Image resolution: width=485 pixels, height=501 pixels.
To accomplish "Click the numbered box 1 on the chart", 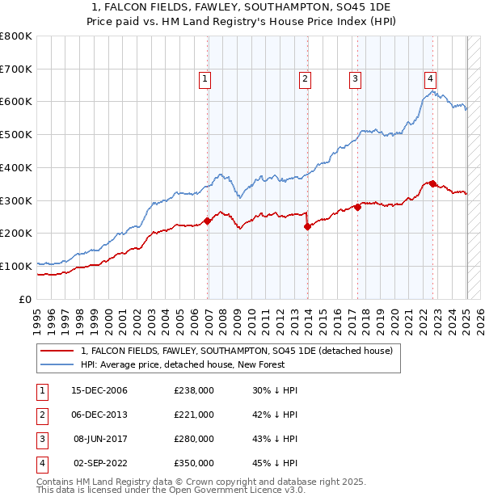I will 205,79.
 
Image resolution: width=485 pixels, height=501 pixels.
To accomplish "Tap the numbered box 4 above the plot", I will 431,79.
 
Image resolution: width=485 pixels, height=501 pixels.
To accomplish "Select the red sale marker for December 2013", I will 307,227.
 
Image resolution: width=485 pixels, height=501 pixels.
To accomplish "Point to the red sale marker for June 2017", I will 357,208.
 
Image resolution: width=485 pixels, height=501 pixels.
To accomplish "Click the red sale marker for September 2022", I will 432,183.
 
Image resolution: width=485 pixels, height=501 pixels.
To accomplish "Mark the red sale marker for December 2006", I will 208,221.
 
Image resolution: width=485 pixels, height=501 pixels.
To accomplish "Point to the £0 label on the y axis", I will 26,299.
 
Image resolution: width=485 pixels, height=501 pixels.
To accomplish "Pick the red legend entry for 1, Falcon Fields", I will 236,351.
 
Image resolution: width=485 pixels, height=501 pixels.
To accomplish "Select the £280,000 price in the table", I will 194,439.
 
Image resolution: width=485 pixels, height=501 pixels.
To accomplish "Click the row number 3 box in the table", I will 40,439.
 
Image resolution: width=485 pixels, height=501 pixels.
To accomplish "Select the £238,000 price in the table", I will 194,390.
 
